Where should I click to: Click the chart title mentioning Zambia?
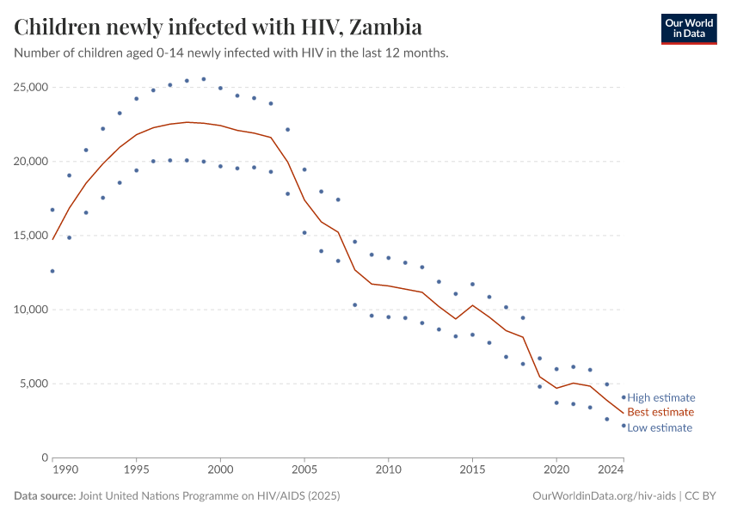coord(218,28)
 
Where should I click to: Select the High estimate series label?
coord(660,397)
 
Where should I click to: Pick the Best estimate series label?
coord(660,412)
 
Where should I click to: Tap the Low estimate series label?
coord(659,427)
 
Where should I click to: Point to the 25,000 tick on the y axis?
coord(30,88)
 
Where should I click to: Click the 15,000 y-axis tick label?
coord(30,236)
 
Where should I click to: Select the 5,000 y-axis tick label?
coord(33,384)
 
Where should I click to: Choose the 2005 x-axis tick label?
coord(304,470)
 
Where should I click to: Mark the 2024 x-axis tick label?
coord(611,470)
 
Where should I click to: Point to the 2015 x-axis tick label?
coord(472,470)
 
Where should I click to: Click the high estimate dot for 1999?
coord(204,79)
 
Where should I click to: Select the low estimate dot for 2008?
coord(354,304)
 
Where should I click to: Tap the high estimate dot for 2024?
coord(623,397)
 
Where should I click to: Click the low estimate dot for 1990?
coord(52,271)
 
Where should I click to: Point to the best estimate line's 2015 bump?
coord(472,305)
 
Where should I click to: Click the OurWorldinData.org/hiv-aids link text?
coord(605,496)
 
